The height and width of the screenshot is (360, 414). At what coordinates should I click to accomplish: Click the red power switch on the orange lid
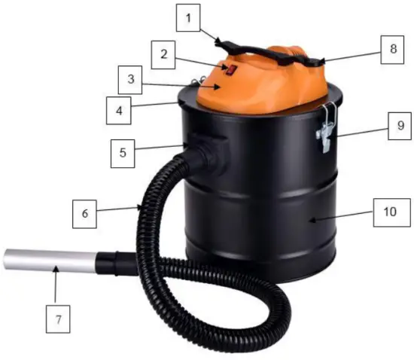tap(233, 71)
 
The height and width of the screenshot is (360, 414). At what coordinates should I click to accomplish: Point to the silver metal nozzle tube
tap(45, 261)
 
